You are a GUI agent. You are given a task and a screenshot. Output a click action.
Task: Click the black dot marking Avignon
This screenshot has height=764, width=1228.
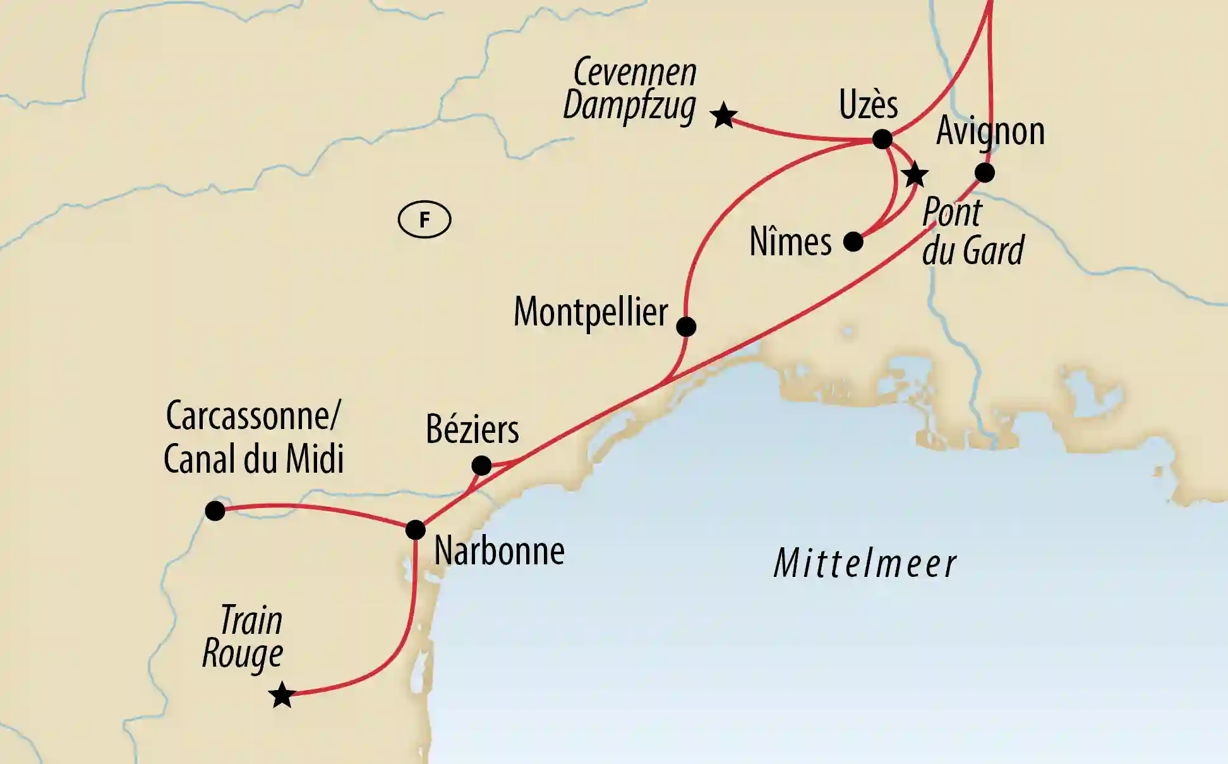coord(984,173)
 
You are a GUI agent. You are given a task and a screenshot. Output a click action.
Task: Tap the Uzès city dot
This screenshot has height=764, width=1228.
coord(882,139)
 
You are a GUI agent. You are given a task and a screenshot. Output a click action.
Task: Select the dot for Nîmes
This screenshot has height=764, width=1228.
coord(853,241)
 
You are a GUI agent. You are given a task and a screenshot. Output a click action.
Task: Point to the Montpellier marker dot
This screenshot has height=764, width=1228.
coord(686,327)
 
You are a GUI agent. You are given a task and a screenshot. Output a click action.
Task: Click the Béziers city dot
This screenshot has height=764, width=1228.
coord(481,466)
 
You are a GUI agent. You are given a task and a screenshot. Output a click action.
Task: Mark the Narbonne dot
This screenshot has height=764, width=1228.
coord(415,530)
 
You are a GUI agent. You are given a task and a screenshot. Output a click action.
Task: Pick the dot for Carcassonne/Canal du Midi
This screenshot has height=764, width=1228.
coord(215,511)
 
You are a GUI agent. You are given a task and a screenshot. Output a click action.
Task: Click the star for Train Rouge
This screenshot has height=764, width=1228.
coord(282,696)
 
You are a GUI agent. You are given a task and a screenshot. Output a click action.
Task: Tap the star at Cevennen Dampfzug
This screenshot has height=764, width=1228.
coord(723,116)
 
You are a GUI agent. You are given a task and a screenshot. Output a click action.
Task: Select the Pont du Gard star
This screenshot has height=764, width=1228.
coord(915,175)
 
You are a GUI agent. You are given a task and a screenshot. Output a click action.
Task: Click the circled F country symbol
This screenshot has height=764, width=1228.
coord(424,220)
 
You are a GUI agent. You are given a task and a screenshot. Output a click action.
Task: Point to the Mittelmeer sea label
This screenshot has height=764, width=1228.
coord(865,564)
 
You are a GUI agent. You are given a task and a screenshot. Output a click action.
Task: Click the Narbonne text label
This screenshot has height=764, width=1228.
coord(499,551)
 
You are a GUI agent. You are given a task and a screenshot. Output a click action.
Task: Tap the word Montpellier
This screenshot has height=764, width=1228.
coord(591,312)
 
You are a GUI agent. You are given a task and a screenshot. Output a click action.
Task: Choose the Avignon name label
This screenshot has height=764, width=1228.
coord(990,131)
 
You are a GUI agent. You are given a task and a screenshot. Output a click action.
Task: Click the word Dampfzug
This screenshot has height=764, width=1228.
coord(629,106)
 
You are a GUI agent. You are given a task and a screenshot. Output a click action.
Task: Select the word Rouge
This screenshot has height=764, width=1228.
coord(243,654)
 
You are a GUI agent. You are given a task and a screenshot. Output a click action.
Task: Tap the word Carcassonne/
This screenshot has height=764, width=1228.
coord(253,416)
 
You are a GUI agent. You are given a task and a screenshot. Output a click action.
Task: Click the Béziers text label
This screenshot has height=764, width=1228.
coord(472,430)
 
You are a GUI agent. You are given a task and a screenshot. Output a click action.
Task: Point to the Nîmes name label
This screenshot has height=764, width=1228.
coord(790,242)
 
